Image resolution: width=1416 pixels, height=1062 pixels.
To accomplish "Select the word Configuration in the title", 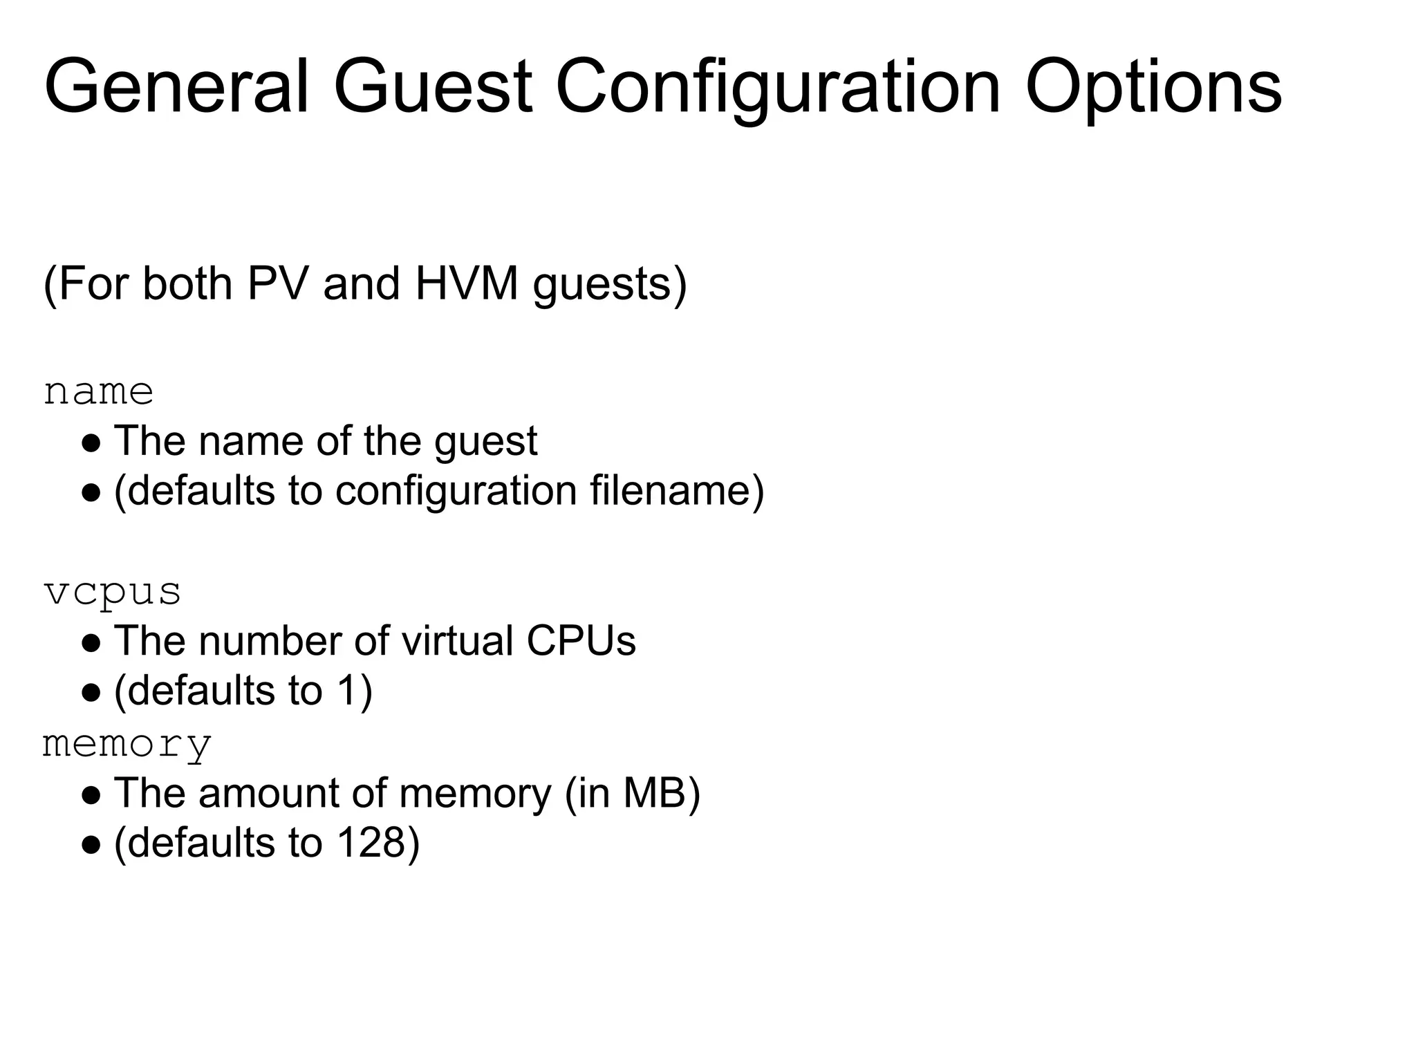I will (x=778, y=88).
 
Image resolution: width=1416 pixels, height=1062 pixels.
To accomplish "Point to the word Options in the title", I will (x=1153, y=88).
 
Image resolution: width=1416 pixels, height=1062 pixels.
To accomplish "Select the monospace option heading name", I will (x=98, y=392).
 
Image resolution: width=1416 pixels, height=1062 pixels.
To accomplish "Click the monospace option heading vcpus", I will (x=112, y=593).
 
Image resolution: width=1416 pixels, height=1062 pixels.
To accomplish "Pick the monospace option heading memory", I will (x=127, y=745).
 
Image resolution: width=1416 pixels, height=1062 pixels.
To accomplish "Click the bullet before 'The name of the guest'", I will (x=92, y=442).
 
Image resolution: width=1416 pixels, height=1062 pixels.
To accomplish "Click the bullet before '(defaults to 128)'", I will (x=92, y=844).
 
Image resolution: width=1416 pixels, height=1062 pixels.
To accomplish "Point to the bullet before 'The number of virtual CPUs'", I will (x=92, y=642).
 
